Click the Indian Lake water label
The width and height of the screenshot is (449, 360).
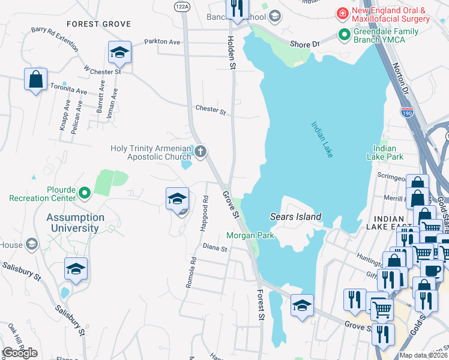pos(322,140)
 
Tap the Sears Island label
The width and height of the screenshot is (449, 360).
pos(296,217)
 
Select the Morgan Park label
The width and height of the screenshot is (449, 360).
pos(250,235)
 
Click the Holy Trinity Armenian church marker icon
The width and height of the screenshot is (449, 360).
pos(200,152)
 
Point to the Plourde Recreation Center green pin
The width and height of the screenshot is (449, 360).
pos(85,193)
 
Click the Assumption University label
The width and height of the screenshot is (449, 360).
pos(76,223)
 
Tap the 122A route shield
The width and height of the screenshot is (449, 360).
pos(182,5)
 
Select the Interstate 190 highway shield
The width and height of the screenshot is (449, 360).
pos(406,111)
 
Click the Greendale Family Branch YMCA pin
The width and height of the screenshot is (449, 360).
pos(345,35)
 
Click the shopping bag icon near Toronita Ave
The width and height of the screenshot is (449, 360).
pos(35,79)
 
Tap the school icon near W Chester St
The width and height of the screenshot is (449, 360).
pos(119,53)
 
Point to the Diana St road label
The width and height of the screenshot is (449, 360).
pos(215,247)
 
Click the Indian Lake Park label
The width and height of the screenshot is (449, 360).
pos(384,152)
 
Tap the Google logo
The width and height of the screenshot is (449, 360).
pos(19,353)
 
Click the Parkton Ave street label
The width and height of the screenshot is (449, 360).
pos(162,42)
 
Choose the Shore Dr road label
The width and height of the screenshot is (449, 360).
pos(304,44)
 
